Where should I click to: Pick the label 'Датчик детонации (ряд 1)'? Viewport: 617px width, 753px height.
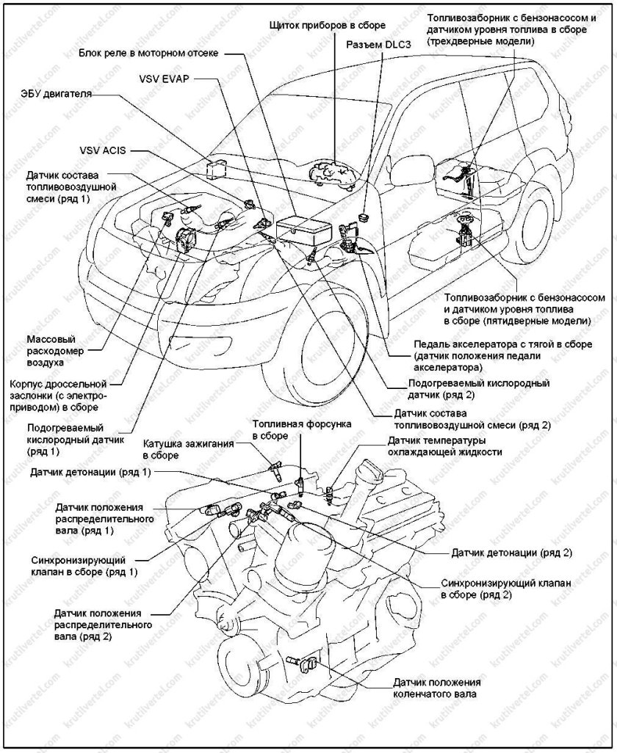tap(91, 472)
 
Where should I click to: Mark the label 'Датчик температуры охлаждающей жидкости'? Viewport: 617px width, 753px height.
tap(444, 446)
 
